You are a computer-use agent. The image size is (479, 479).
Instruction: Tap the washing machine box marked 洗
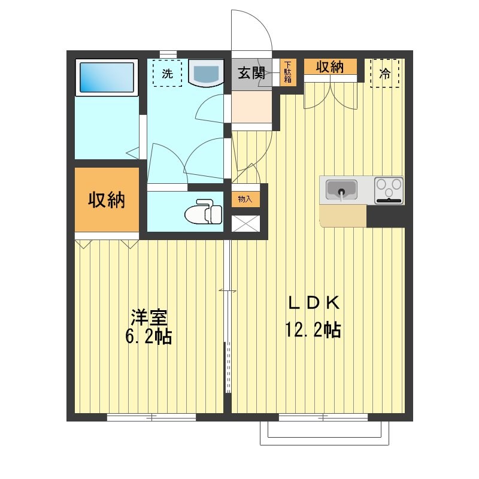[167, 73]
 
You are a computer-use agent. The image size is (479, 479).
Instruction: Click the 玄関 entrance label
[251, 74]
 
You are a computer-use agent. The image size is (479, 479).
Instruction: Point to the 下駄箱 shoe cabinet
[287, 72]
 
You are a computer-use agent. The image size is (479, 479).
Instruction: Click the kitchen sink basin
[341, 190]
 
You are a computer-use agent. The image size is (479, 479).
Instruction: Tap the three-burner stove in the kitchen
[389, 190]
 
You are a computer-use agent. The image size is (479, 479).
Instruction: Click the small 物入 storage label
[245, 199]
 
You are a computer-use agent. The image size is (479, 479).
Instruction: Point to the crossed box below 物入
[245, 223]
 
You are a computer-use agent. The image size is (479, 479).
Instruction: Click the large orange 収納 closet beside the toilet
[107, 200]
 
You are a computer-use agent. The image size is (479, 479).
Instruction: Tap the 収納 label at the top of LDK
[330, 66]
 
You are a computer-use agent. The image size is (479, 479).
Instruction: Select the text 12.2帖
[314, 329]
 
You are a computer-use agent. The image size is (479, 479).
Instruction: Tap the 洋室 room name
[148, 316]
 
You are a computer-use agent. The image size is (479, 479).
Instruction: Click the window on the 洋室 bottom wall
[152, 417]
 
